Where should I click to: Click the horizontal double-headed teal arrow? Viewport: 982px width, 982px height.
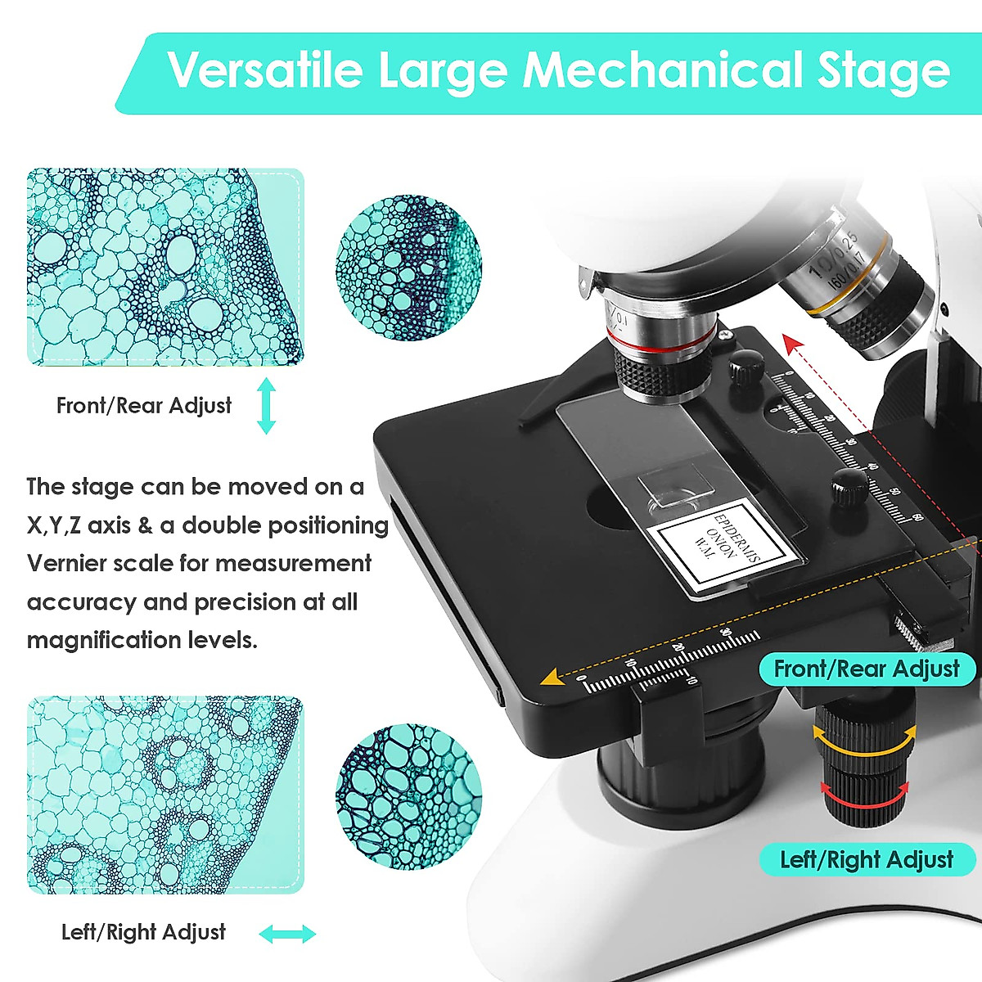(x=286, y=934)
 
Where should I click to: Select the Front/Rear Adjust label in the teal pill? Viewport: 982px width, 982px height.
(x=866, y=669)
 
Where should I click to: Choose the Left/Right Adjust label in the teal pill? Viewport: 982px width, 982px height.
(x=866, y=860)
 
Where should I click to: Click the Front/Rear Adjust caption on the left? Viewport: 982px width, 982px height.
(x=143, y=405)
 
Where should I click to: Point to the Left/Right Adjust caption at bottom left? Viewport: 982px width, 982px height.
(x=143, y=932)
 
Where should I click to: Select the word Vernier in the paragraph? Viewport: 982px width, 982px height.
(x=67, y=564)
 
